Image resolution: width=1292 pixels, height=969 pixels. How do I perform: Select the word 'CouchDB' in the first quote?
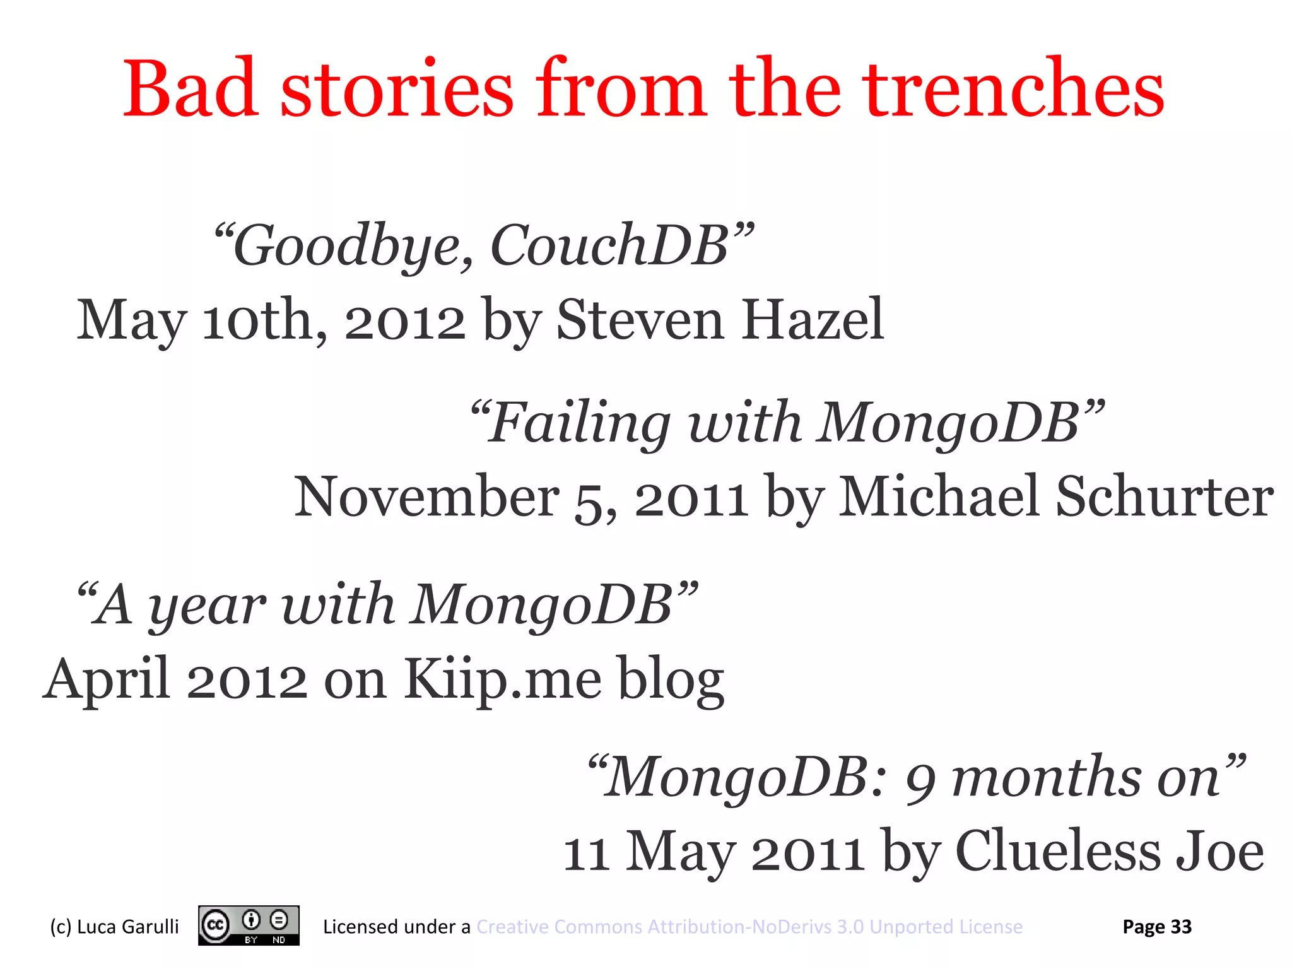point(609,246)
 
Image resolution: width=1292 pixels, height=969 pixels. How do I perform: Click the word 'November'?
point(426,497)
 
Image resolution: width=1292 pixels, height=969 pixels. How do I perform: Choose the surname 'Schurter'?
point(1165,497)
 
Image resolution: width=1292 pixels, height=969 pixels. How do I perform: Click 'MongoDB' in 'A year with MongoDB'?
point(543,604)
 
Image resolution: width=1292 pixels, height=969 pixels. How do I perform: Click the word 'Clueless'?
point(1057,852)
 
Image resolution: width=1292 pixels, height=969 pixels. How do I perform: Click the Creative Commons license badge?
point(249,926)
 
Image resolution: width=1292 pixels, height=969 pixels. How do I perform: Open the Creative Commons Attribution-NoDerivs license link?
point(749,927)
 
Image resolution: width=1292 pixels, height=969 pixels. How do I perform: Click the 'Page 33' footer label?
point(1157,927)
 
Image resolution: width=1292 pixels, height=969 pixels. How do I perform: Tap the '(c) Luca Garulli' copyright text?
point(114,927)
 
